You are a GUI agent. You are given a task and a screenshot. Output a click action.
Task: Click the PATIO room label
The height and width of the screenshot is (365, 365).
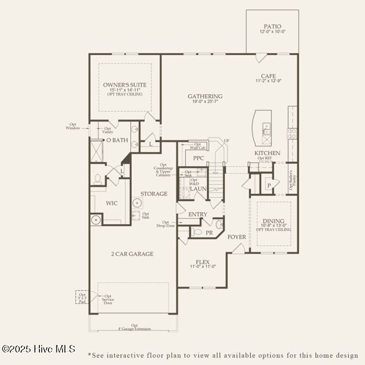coord(272,26)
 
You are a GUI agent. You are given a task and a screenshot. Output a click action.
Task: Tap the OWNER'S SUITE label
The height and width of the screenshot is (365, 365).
coord(124,85)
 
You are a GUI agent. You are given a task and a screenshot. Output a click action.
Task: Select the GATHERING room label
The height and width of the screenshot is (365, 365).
coord(205,96)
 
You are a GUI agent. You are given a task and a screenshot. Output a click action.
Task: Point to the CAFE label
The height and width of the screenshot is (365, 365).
coord(269,76)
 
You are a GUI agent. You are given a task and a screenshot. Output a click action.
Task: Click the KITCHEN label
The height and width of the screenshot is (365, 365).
coord(267,153)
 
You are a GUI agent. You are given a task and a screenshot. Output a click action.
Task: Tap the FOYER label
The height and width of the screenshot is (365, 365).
coord(237,236)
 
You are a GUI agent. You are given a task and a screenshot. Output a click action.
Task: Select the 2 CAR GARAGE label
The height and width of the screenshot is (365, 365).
coord(133,254)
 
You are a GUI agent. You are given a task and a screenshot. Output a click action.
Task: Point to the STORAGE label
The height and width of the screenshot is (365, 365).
coord(154,194)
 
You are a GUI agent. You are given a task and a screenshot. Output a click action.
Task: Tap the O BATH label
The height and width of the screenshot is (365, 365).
coord(117,140)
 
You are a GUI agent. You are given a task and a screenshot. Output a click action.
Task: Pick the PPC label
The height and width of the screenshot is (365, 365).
coord(198,159)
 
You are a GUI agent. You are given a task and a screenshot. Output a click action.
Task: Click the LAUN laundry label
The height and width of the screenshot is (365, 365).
coord(198,189)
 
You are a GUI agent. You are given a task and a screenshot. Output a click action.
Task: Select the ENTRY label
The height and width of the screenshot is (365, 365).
coord(198,214)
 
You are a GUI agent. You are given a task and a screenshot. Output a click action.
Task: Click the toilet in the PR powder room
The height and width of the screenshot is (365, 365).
coord(194,232)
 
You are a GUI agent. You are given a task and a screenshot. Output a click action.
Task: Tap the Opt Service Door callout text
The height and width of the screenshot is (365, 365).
coord(108,300)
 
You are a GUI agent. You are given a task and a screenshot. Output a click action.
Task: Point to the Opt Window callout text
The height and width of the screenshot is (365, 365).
coord(72,126)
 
